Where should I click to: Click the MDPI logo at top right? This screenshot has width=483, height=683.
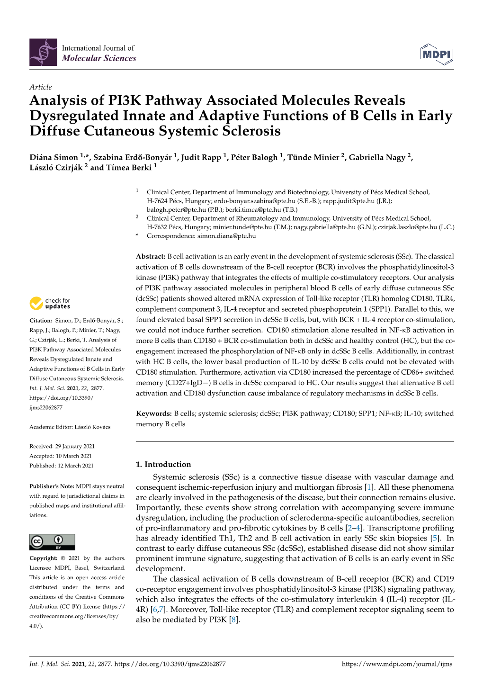point(436,54)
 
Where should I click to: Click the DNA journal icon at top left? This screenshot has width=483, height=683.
point(43,53)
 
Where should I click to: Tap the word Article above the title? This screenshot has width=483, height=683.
point(40,87)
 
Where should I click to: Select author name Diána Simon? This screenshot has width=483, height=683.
point(54,157)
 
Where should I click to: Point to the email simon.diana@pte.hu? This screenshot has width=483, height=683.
point(226,236)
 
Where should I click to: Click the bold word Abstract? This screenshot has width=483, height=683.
point(150,257)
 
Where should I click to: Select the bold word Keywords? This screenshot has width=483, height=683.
point(153,413)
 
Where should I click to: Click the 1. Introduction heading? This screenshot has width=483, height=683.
point(163,464)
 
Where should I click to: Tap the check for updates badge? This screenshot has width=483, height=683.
point(50,303)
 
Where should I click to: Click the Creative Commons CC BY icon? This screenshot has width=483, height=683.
point(52,542)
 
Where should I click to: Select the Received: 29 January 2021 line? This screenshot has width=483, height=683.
point(62,446)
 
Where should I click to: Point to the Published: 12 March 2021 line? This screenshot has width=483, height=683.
point(62,466)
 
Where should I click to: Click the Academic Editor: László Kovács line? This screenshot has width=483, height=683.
point(70,427)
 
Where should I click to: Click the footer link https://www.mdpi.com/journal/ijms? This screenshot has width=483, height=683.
point(397,664)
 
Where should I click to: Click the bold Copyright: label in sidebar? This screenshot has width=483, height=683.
point(44,558)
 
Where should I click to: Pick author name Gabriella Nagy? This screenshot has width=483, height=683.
point(377,157)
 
